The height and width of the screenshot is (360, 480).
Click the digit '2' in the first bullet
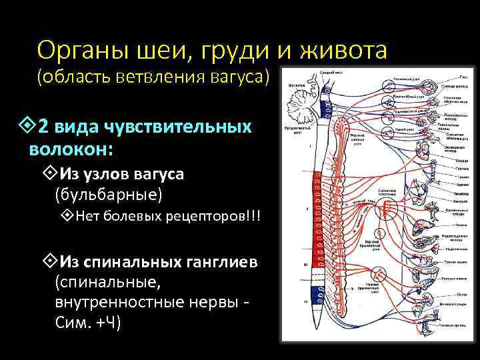coord(43,126)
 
